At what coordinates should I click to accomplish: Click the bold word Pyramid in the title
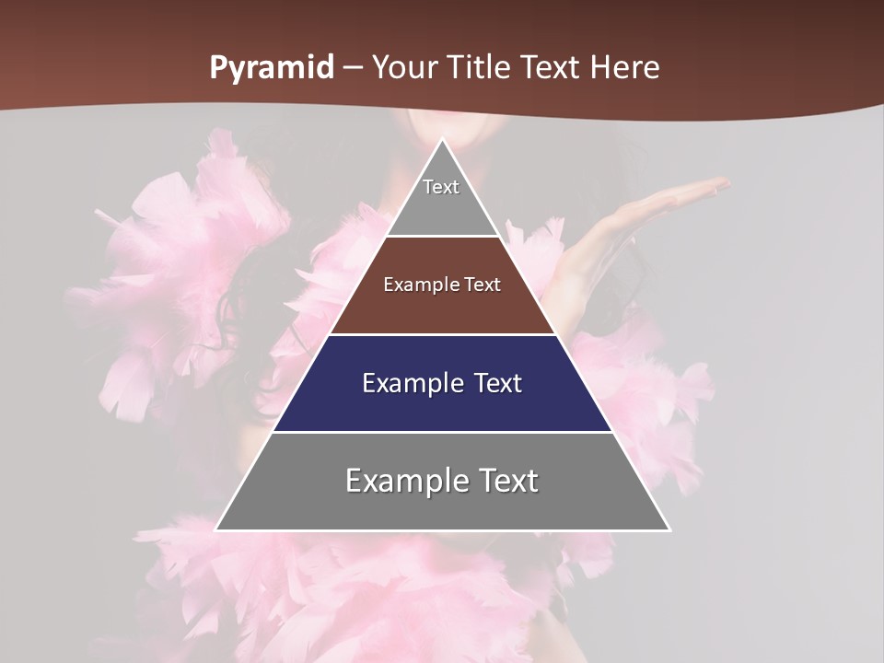point(271,68)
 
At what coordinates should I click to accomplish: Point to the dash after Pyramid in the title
point(353,69)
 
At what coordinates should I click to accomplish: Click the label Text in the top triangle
point(441,187)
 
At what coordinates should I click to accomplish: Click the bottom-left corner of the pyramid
point(217,529)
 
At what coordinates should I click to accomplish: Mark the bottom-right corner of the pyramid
point(669,529)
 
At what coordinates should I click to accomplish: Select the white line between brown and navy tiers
point(442,334)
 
